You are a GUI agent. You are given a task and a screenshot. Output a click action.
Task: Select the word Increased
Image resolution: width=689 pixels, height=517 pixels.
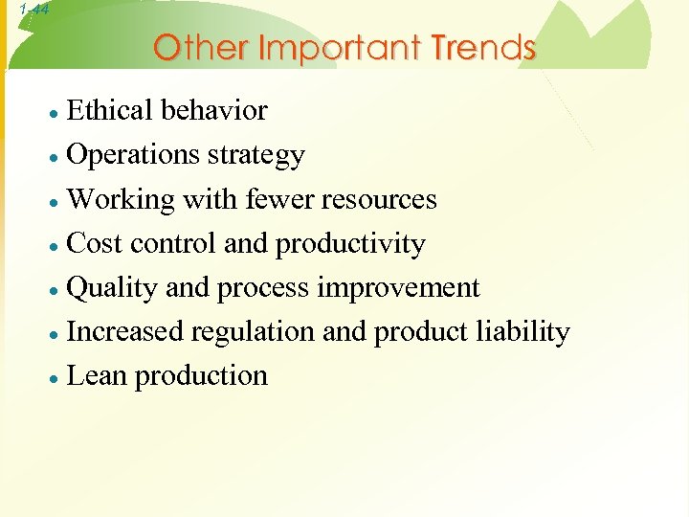point(126,332)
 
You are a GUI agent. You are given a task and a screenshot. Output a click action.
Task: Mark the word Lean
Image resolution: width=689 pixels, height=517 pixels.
point(99,376)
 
